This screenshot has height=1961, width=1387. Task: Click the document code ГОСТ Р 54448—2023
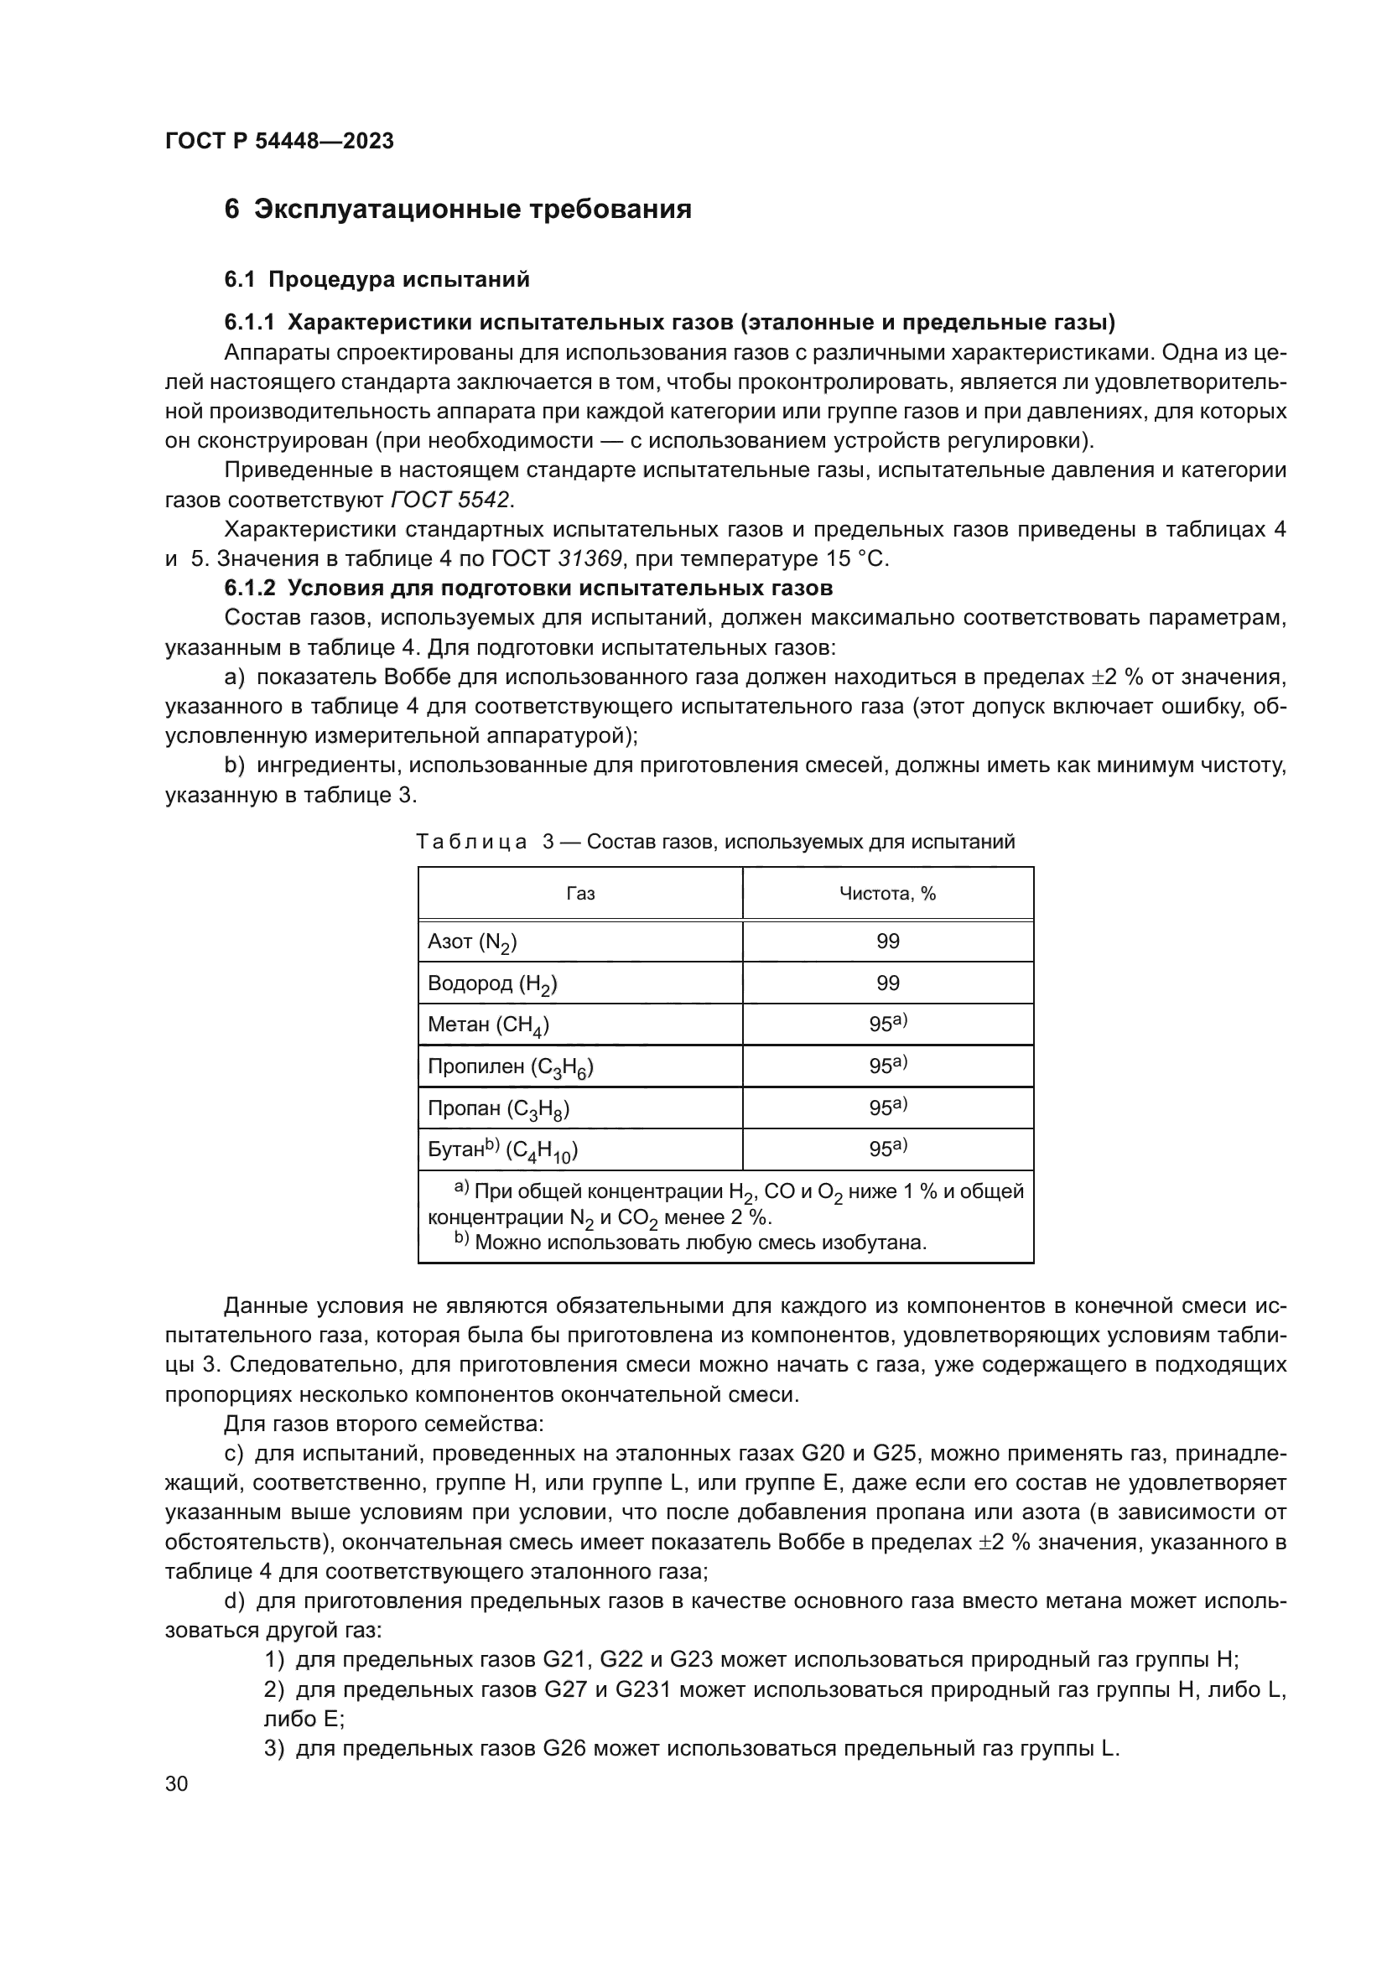coord(279,141)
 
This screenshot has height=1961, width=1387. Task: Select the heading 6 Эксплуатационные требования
coord(458,210)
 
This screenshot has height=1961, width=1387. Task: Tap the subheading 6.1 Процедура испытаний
coord(377,279)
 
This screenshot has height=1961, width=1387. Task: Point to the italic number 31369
coord(590,558)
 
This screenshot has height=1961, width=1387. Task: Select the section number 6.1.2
coord(249,589)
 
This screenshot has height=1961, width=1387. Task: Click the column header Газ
coord(581,894)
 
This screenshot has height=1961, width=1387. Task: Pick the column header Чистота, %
coord(887,894)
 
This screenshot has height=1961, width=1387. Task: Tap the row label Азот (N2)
coord(472,942)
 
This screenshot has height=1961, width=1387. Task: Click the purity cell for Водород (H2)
coord(887,983)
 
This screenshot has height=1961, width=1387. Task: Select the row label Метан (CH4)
coord(489,1025)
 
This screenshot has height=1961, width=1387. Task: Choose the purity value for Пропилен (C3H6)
coord(887,1066)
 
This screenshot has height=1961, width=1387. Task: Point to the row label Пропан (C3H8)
coord(499,1108)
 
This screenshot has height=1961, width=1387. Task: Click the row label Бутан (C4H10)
coord(502,1150)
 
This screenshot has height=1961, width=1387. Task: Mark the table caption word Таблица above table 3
coord(471,842)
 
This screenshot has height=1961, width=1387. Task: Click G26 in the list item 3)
coord(564,1748)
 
